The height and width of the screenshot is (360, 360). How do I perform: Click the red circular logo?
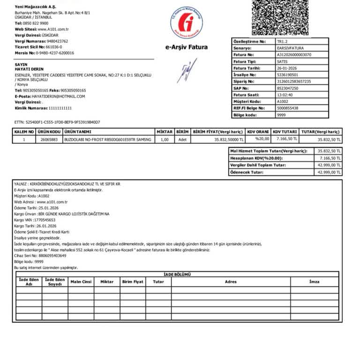tap(187, 22)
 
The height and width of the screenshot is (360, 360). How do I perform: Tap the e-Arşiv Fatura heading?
tap(187, 47)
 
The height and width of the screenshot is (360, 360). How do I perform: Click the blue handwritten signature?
tap(187, 71)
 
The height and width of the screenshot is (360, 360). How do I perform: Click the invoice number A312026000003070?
tap(294, 55)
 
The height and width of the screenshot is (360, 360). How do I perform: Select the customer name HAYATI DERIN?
tap(29, 69)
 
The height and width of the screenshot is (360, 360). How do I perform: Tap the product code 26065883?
tap(49, 140)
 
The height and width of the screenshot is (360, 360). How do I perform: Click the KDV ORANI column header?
tap(257, 132)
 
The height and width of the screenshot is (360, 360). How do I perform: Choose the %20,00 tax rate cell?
tap(262, 139)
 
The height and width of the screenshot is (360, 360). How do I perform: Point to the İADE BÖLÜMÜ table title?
tap(177, 274)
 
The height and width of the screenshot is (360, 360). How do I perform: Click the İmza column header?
tap(314, 282)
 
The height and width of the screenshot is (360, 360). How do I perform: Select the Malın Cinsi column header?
tap(81, 282)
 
